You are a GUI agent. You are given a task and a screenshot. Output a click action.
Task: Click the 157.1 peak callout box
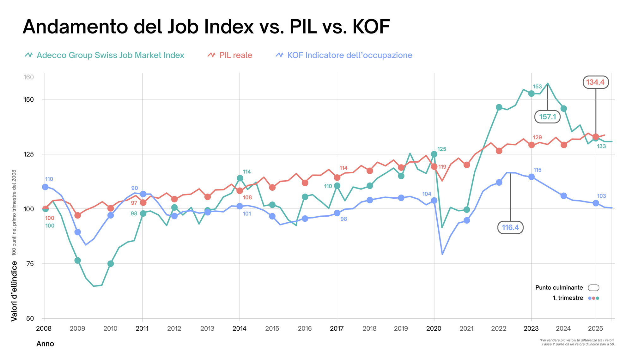point(547,117)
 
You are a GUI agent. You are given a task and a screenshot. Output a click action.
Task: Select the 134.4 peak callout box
point(595,82)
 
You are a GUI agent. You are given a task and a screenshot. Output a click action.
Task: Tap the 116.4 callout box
point(510,227)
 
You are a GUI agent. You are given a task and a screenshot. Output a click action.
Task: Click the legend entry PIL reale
point(235,55)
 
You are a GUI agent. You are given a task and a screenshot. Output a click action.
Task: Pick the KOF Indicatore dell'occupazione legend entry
point(349,55)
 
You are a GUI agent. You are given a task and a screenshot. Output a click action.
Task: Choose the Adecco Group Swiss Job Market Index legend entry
point(110,55)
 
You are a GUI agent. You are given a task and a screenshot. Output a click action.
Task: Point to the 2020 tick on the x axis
point(434,329)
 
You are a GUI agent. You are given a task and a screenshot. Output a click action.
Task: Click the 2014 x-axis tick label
point(239,329)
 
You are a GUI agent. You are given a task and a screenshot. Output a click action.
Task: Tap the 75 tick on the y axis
point(30,264)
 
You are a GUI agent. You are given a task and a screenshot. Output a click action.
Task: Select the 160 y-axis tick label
point(28,77)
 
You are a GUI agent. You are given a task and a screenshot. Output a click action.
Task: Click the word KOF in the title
point(371,27)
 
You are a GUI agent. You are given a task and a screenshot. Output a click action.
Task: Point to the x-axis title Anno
point(45,344)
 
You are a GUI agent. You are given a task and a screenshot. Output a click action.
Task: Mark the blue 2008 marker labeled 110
point(45,187)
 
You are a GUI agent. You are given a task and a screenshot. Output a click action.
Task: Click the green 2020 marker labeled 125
point(434,154)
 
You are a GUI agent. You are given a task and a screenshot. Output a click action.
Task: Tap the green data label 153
point(537,87)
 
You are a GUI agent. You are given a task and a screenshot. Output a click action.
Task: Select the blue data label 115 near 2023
point(537,170)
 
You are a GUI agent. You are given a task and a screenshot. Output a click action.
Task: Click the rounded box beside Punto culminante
point(593,288)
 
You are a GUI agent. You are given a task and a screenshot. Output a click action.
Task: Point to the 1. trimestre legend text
point(568,298)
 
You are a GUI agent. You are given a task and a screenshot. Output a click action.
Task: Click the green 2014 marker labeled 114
point(240,178)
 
